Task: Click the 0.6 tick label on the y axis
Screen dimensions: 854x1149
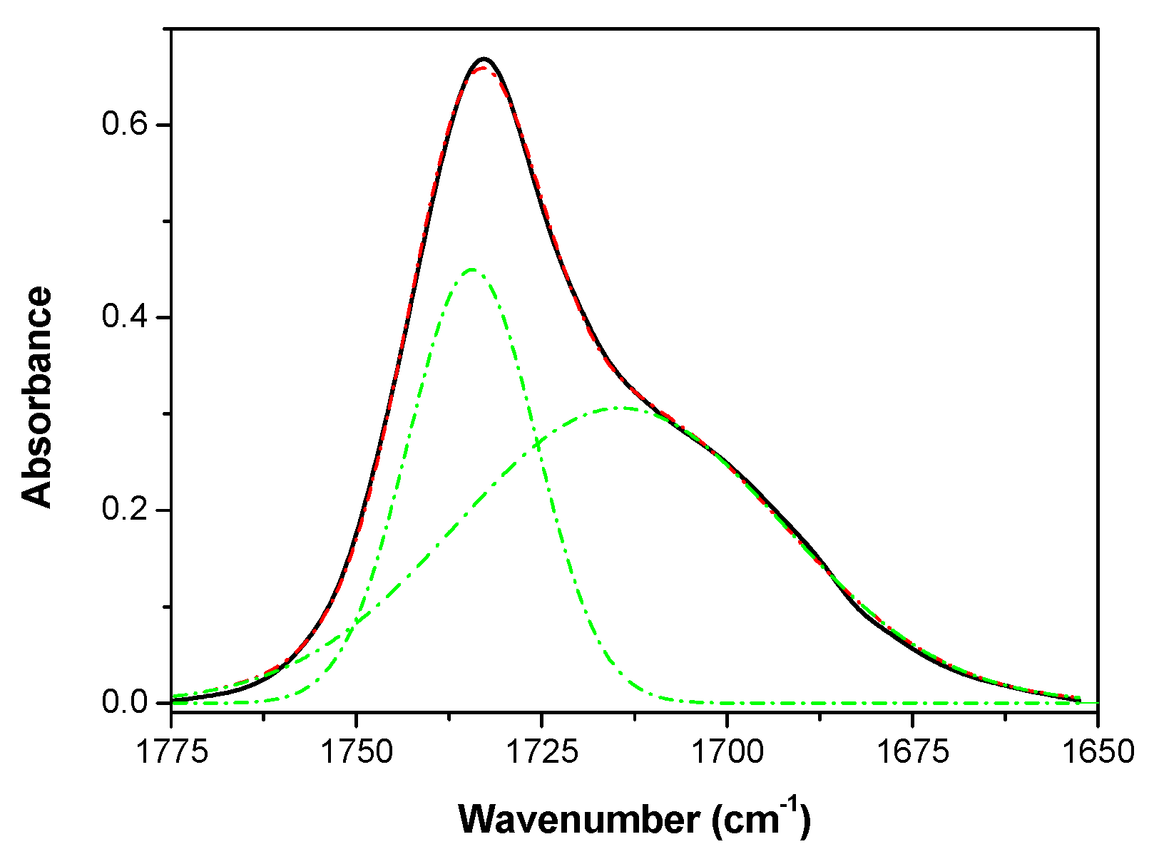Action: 124,125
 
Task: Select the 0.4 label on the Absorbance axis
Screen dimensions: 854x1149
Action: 124,317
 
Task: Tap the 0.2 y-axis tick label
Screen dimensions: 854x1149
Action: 124,510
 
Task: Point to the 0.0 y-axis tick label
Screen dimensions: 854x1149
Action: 124,703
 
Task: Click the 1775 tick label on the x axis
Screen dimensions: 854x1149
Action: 172,752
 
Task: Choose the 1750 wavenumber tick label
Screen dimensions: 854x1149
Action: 357,752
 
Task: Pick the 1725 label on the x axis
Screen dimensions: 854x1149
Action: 541,752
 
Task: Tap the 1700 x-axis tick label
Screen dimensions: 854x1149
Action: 727,752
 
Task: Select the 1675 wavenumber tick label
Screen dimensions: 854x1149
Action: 912,752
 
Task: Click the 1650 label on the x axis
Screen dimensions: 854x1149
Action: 1097,752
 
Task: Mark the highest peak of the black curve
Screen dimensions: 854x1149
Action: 484,58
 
